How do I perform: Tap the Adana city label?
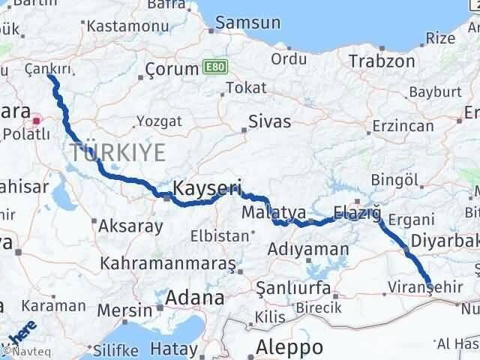click(194, 298)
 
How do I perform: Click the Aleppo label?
click(289, 346)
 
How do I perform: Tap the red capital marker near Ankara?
click(36, 119)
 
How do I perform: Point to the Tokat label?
click(247, 88)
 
